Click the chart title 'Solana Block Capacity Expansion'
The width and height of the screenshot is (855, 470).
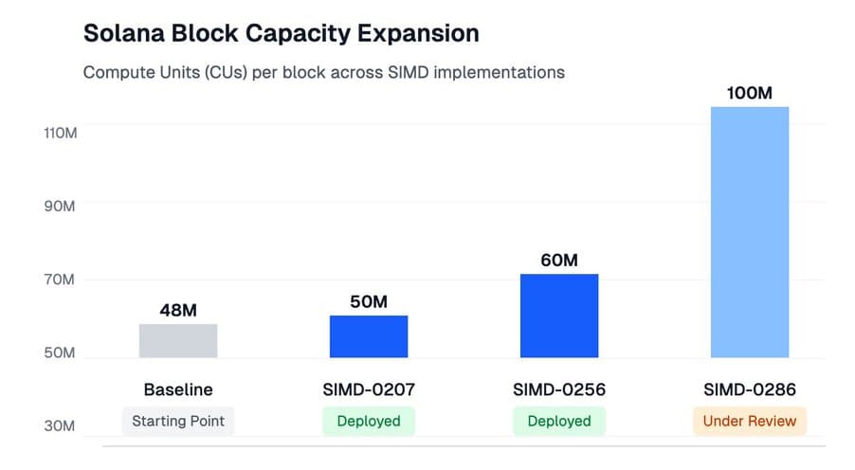click(x=281, y=33)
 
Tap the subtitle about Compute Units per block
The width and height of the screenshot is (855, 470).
click(x=323, y=72)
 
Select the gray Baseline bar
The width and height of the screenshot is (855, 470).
click(x=178, y=340)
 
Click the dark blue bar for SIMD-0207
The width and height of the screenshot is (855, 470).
click(x=369, y=336)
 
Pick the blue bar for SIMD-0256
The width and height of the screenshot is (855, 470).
click(x=559, y=316)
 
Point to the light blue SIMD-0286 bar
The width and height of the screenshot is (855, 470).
click(x=750, y=232)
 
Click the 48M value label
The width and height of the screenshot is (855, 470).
click(x=178, y=310)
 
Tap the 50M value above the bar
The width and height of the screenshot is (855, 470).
click(x=369, y=301)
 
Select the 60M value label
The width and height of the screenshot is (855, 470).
click(x=559, y=260)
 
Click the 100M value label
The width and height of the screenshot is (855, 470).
click(x=750, y=93)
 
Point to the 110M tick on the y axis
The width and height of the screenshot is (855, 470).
click(x=60, y=133)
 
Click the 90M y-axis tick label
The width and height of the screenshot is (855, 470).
click(x=60, y=206)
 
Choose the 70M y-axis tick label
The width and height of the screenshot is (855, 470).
click(x=60, y=280)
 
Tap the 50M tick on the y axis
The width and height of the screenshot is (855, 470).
click(x=60, y=352)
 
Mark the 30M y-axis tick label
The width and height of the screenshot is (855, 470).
click(x=60, y=426)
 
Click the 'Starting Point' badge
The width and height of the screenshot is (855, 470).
click(x=178, y=421)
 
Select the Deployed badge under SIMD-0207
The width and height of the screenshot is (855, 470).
click(x=369, y=421)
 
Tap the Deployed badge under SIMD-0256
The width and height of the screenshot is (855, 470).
click(x=559, y=421)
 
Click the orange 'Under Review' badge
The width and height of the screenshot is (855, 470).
click(x=750, y=421)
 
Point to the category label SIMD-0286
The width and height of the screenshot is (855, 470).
click(x=750, y=389)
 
